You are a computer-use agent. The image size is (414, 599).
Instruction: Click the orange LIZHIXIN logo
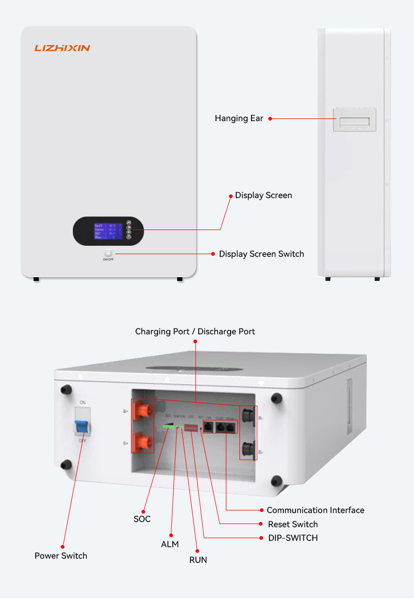coord(62,48)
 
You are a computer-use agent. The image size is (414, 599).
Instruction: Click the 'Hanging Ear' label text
coord(239,118)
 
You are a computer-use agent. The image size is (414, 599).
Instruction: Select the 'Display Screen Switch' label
coord(262,254)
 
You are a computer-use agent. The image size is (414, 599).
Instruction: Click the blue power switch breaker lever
coord(82,427)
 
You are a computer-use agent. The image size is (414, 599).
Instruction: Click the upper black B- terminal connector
coord(248,418)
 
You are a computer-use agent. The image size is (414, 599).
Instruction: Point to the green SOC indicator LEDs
coord(168,427)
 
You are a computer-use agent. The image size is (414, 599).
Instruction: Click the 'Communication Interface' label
coord(315,510)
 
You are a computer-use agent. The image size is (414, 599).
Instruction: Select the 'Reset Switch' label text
coord(293,524)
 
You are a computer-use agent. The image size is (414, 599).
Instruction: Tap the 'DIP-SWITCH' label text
coord(293,538)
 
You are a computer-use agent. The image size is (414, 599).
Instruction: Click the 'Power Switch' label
coord(61,556)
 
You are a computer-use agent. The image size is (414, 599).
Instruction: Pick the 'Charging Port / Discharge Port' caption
coord(195,331)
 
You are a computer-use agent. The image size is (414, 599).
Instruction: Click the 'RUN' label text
coord(198,560)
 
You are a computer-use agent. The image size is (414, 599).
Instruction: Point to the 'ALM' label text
coord(170,544)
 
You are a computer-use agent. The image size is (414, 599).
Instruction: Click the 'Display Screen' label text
coord(264,195)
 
